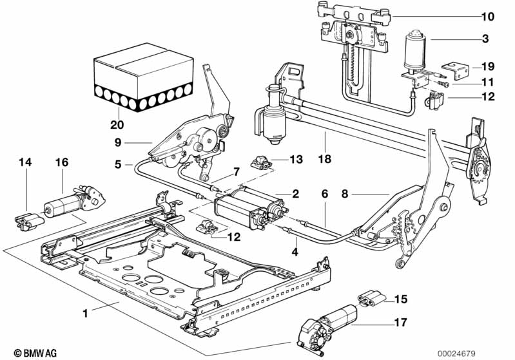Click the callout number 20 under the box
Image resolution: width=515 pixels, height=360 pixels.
click(117, 125)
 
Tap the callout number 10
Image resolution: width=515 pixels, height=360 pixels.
click(486, 16)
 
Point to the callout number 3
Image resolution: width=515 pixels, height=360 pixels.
click(484, 39)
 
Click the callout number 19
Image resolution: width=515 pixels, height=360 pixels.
click(487, 66)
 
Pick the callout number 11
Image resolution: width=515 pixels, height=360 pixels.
click(487, 82)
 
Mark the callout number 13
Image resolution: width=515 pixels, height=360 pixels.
click(296, 158)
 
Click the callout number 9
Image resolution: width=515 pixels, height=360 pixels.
click(119, 142)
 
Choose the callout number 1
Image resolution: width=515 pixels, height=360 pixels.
click(84, 314)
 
